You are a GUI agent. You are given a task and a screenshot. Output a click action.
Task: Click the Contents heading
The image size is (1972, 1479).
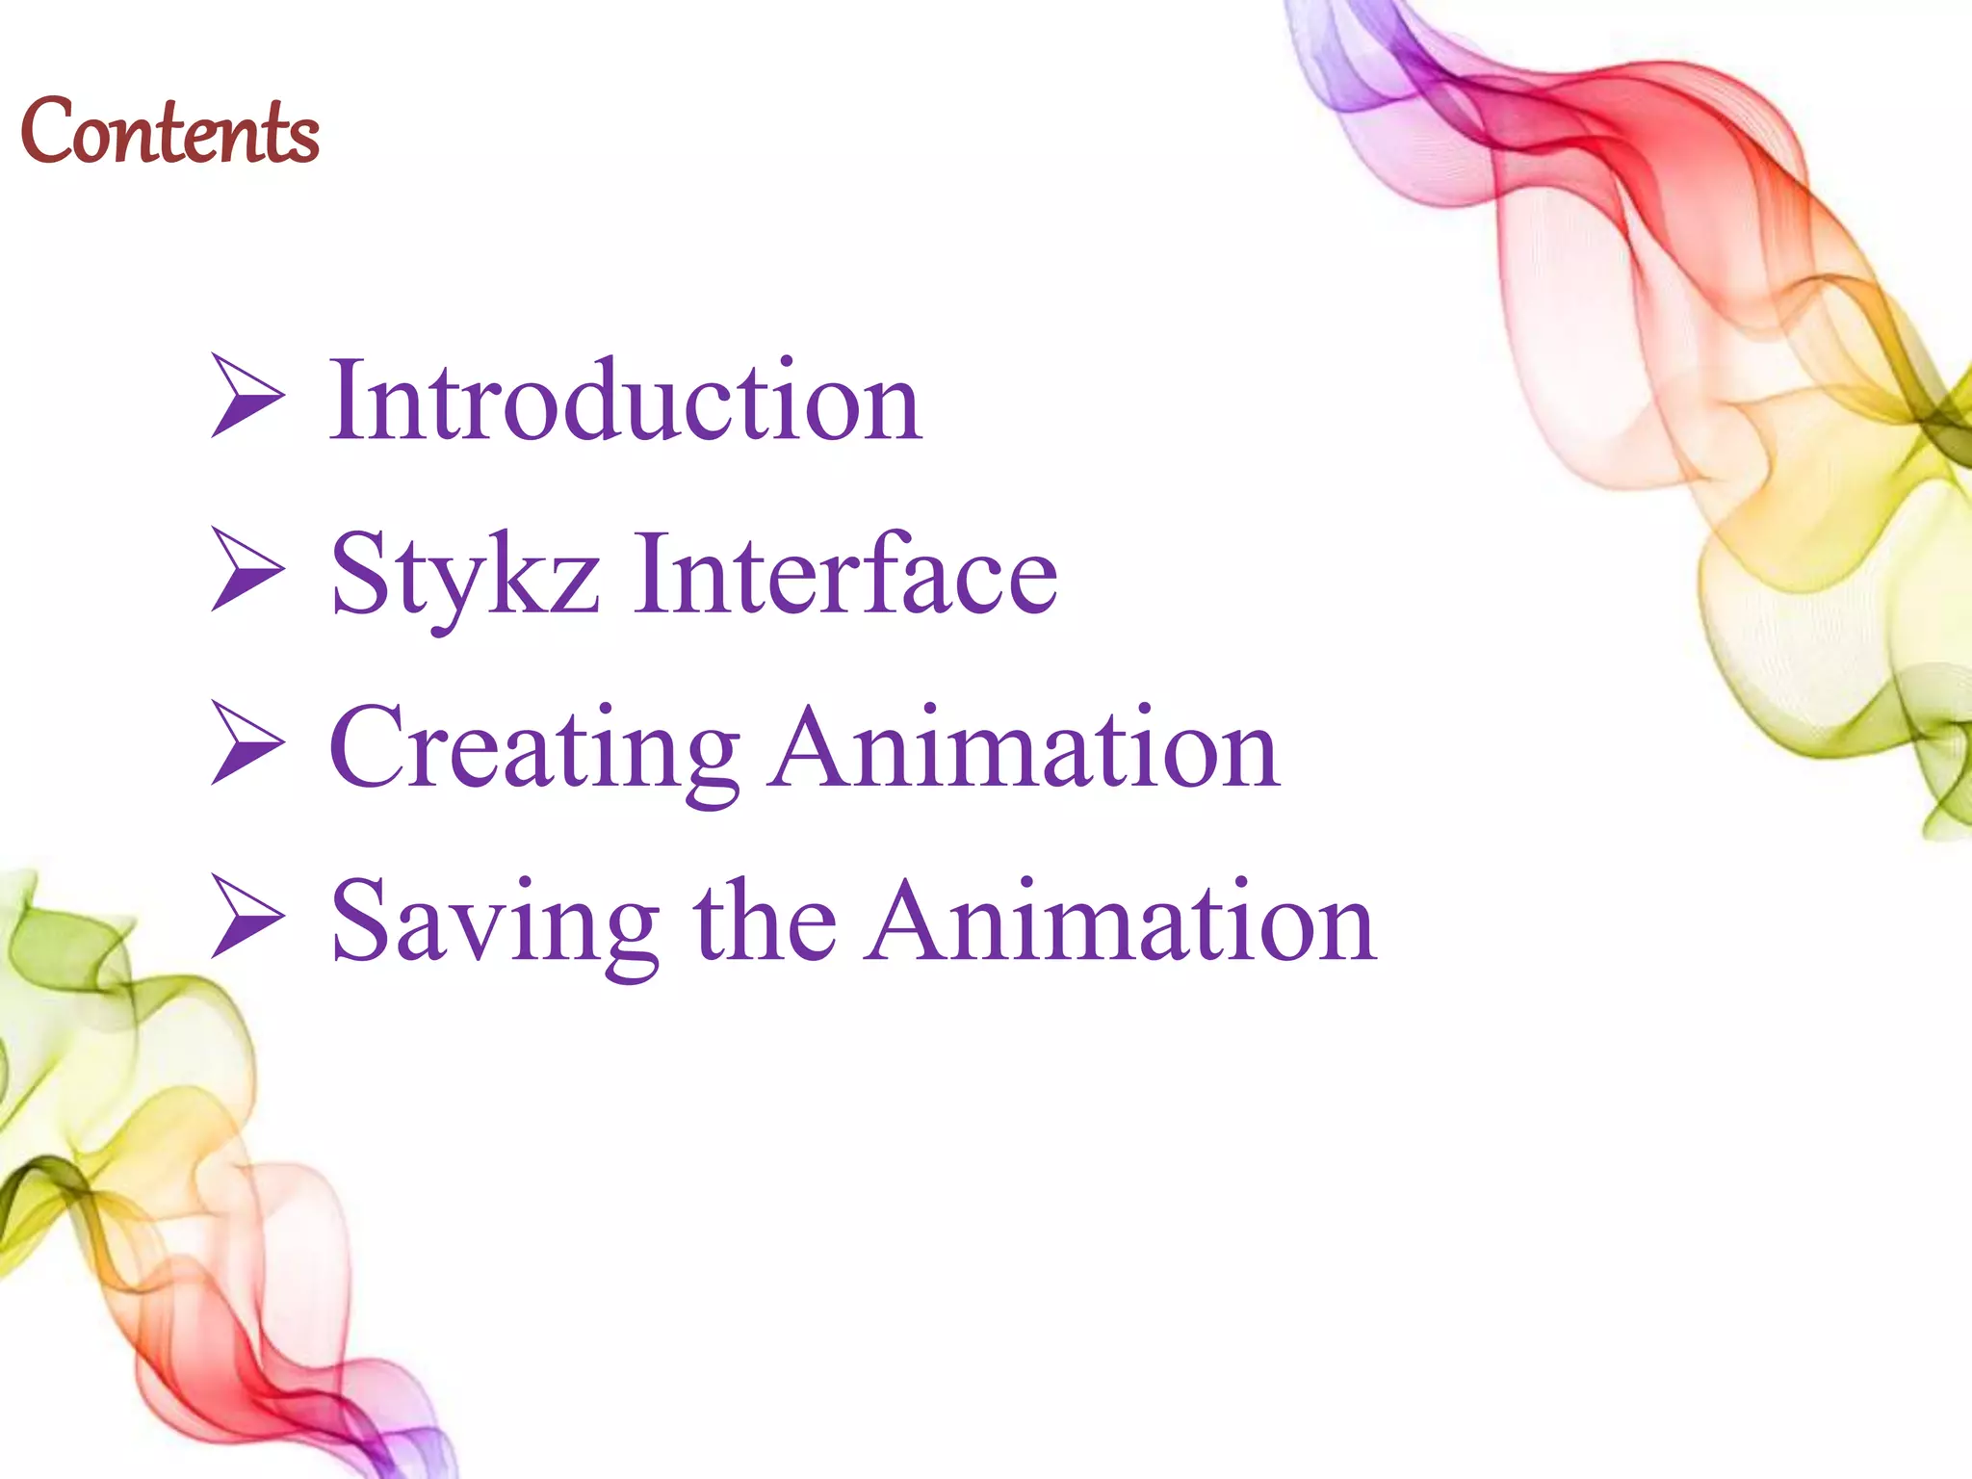169,132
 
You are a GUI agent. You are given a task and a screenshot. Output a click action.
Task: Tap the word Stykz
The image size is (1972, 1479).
465,575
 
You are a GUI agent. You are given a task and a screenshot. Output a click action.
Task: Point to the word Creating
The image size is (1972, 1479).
534,749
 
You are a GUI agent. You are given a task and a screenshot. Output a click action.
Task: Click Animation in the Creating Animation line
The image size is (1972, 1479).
1025,747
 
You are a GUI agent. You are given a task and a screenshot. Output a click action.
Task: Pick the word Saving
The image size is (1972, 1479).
495,922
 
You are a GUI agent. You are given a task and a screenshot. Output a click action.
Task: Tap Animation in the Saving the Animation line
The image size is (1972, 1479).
1121,921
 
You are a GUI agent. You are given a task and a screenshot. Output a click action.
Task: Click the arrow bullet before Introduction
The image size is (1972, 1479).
246,396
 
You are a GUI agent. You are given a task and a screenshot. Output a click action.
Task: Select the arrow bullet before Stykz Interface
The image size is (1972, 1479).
246,569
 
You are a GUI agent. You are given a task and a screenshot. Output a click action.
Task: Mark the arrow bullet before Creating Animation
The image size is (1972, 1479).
246,742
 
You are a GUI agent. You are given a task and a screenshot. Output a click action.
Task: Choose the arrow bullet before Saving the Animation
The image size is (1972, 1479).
246,916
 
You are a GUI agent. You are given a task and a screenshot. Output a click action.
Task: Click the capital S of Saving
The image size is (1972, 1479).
359,921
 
